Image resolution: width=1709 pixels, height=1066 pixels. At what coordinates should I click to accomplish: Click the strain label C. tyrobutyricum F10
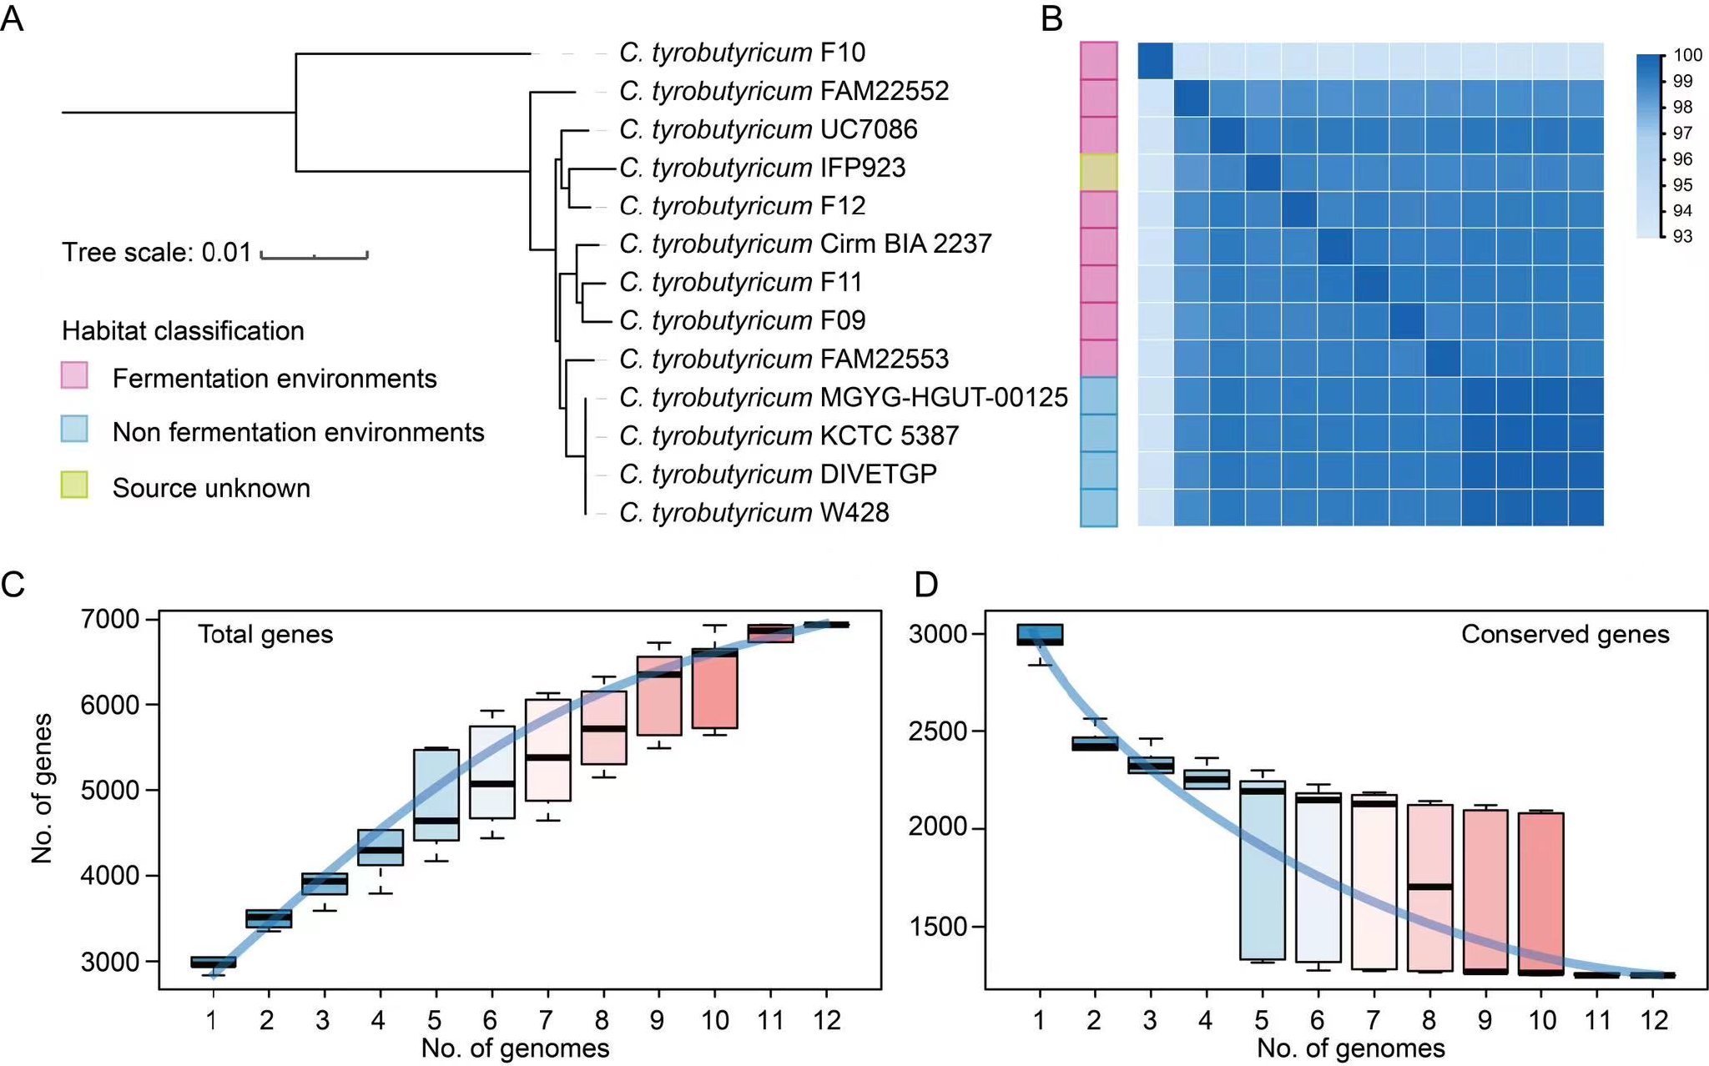point(742,53)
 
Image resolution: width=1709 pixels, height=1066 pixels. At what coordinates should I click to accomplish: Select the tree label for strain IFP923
point(762,168)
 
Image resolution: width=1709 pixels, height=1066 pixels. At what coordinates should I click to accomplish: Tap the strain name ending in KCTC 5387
point(789,435)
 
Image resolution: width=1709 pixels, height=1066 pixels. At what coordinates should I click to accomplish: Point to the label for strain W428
point(754,512)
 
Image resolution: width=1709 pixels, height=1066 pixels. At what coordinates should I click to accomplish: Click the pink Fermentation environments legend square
point(74,375)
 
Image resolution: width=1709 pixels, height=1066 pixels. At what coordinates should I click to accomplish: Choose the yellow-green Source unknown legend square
point(74,485)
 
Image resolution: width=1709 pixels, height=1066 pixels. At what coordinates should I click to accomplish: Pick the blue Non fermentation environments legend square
point(74,429)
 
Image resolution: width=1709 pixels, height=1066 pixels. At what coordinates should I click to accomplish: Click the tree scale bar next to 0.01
point(314,254)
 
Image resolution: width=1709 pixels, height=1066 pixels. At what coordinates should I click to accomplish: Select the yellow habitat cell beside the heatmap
point(1098,172)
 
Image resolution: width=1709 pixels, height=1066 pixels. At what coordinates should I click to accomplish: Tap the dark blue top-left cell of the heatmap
point(1156,61)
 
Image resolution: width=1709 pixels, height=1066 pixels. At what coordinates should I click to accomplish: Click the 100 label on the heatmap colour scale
point(1687,55)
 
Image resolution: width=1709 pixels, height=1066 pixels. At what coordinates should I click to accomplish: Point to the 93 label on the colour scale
point(1682,236)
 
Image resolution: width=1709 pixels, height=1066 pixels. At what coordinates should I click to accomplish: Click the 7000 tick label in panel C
point(109,619)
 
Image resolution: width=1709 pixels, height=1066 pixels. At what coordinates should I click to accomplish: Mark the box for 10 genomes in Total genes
point(715,687)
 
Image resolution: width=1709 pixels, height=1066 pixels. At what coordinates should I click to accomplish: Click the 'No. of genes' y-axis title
point(42,787)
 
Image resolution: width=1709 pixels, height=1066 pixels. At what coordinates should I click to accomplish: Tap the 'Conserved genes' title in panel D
point(1565,635)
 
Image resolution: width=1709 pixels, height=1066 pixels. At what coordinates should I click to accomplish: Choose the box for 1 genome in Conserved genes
point(1040,635)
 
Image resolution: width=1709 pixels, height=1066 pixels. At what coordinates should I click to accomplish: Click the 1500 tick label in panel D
point(937,926)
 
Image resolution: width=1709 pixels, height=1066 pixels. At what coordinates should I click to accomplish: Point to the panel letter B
point(1051,18)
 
